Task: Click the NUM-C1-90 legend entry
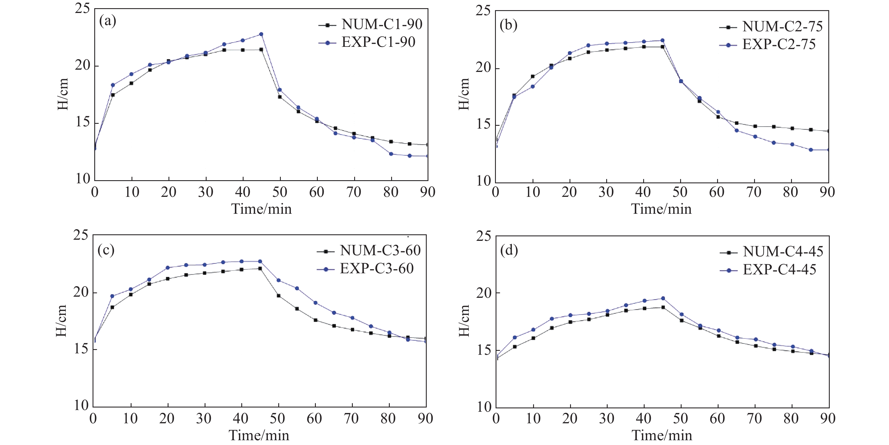pyautogui.click(x=381, y=25)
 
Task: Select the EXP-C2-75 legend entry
pyautogui.click(x=779, y=45)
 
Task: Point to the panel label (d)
pyautogui.click(x=509, y=250)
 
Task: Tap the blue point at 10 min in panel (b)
pyautogui.click(x=533, y=87)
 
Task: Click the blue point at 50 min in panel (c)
pyautogui.click(x=279, y=280)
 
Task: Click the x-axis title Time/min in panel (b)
pyautogui.click(x=661, y=209)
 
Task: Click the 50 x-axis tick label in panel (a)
pyautogui.click(x=279, y=192)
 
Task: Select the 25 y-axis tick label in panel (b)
pyautogui.click(x=483, y=11)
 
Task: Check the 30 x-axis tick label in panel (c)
pyautogui.click(x=203, y=419)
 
